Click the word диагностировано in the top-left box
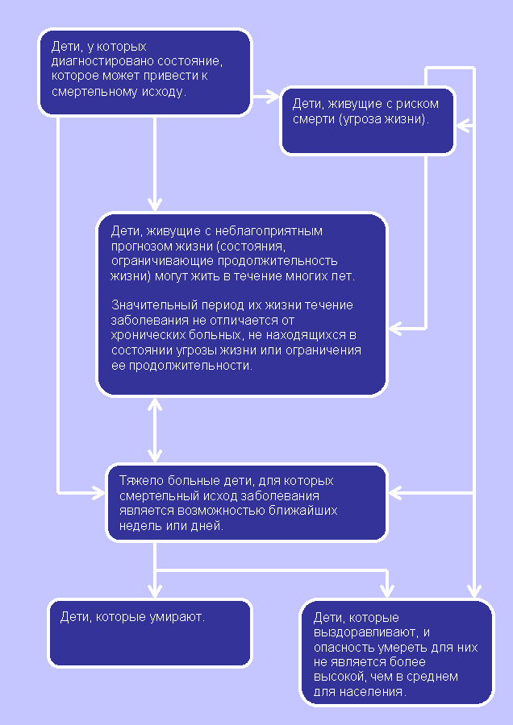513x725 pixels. (x=102, y=61)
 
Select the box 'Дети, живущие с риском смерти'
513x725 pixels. (x=368, y=120)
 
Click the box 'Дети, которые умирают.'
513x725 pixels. (x=151, y=633)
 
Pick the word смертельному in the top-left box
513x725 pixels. (x=93, y=92)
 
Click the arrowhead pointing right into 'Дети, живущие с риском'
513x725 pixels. (x=273, y=97)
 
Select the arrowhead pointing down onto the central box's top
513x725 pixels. (x=155, y=205)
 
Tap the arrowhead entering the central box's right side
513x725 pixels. (x=396, y=329)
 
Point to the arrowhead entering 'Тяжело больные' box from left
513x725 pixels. (x=99, y=493)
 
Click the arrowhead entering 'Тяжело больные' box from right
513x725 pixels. (x=396, y=493)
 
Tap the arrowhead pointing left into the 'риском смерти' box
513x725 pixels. (x=464, y=126)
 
